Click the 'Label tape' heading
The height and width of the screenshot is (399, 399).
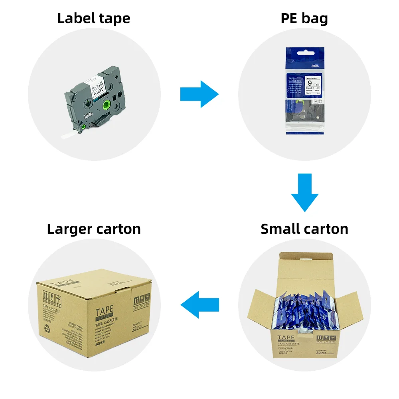[x=94, y=18]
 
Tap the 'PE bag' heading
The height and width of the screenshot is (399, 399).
[x=304, y=18]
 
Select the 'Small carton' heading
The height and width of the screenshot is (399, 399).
[x=304, y=229]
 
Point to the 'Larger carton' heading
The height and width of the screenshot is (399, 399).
[x=94, y=229]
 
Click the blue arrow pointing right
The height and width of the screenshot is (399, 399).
[x=199, y=94]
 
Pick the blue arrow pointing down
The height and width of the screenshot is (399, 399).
[x=304, y=192]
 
